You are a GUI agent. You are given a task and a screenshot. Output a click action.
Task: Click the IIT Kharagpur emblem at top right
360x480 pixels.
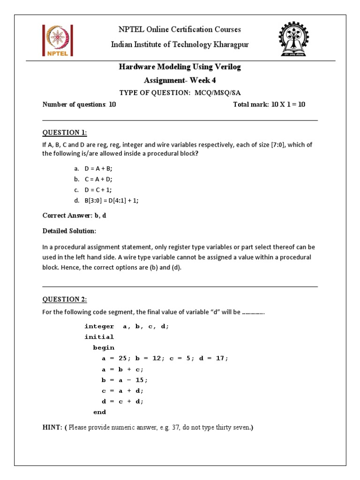click(294, 39)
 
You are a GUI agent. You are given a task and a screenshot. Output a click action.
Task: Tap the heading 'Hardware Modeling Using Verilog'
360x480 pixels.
click(180, 67)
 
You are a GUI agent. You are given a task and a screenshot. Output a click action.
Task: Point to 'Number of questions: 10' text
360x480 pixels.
click(79, 105)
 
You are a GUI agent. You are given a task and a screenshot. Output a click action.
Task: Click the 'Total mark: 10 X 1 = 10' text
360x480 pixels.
click(269, 105)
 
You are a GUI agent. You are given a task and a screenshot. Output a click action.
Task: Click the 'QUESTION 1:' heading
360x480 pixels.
click(65, 133)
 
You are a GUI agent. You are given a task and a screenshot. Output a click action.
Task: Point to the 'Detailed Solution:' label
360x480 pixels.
click(69, 231)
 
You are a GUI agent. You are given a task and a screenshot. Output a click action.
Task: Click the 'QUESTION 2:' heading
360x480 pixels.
click(65, 300)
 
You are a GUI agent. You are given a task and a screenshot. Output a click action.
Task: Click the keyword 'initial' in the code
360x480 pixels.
click(99, 337)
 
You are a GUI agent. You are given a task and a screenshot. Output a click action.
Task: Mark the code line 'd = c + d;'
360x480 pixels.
click(123, 401)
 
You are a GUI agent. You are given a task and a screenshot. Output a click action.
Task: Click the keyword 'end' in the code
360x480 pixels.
click(99, 412)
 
